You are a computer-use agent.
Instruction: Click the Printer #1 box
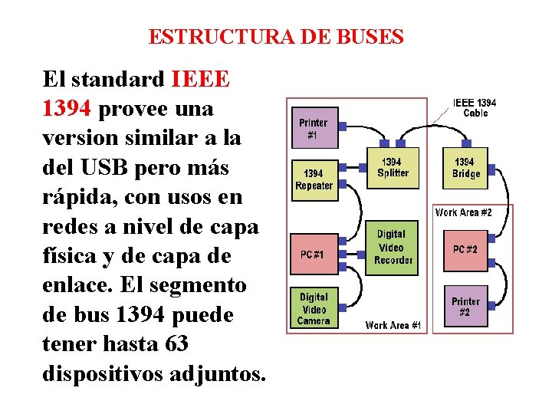[x=313, y=128]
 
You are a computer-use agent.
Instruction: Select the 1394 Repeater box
[x=314, y=180]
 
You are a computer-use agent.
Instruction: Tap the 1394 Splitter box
[x=393, y=168]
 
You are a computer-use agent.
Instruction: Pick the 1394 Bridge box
[x=466, y=168]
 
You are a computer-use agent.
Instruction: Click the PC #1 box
[x=312, y=255]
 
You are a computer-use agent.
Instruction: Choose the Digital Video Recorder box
[x=393, y=247]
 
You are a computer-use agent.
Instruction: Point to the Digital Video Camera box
[x=313, y=308]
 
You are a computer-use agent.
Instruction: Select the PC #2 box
[x=465, y=250]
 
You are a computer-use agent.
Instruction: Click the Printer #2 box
[x=465, y=307]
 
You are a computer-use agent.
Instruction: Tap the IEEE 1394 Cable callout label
[x=475, y=107]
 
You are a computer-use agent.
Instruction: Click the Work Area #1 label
[x=393, y=325]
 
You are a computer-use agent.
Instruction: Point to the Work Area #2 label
[x=464, y=212]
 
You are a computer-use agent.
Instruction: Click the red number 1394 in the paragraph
[x=67, y=109]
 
